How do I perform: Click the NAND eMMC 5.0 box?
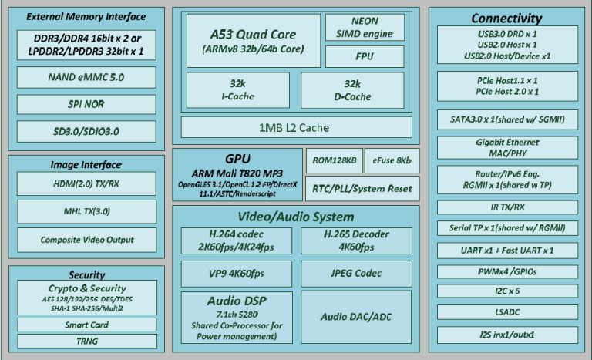tap(86, 77)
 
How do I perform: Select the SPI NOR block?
tap(86, 104)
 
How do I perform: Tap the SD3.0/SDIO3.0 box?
tap(86, 131)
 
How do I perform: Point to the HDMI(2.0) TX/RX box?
tap(86, 183)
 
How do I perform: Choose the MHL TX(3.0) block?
tap(86, 211)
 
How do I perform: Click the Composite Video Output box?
tap(86, 240)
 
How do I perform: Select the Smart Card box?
tap(86, 325)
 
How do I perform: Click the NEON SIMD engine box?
tap(364, 28)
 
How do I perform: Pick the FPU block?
tap(364, 56)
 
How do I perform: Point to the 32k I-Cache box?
tap(236, 89)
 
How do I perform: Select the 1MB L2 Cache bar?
tap(296, 126)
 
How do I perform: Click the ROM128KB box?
tap(334, 160)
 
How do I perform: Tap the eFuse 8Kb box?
tap(392, 160)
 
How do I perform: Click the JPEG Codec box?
tap(355, 273)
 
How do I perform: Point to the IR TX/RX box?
tap(507, 207)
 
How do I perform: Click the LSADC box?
tap(507, 312)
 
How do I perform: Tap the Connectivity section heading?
tap(507, 18)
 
